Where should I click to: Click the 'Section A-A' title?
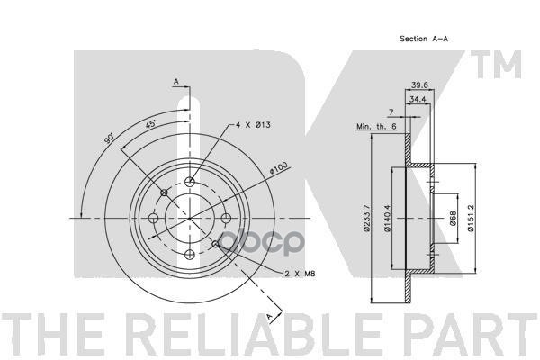tap(424, 40)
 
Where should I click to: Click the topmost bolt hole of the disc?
tap(191, 183)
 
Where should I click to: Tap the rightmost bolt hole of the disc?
tap(226, 218)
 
